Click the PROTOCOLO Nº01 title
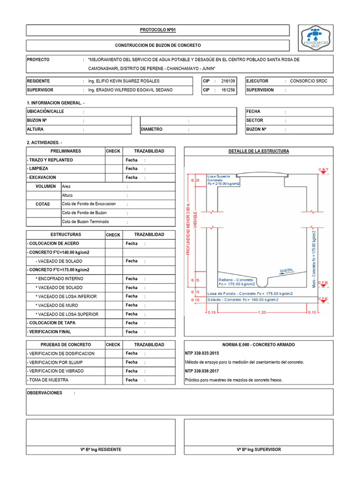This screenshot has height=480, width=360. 157,30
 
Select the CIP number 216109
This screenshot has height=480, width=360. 228,81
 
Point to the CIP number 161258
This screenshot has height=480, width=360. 228,90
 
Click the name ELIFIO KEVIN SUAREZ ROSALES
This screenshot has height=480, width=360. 127,81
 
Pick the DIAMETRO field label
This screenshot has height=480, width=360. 151,129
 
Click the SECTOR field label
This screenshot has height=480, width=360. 255,120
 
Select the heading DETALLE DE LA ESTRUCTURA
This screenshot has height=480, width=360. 258,151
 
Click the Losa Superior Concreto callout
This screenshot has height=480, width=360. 223,180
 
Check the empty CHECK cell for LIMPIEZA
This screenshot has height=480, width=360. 113,169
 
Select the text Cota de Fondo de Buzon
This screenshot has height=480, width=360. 84,213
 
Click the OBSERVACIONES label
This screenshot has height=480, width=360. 45,393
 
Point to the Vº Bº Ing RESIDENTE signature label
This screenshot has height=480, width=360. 100,450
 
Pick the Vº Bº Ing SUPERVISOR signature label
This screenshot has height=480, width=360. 259,450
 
